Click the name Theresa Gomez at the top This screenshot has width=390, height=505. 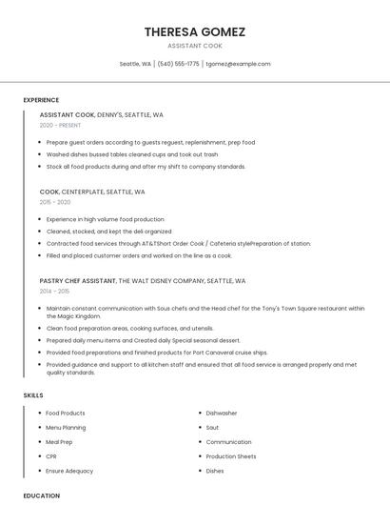(195, 31)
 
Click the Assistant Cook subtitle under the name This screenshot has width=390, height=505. (195, 46)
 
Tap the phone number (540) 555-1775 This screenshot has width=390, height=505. (179, 64)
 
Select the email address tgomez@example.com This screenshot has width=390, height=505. (239, 64)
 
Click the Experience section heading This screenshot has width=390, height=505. (41, 100)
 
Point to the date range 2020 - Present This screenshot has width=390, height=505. (60, 125)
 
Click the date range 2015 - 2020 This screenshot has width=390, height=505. (55, 202)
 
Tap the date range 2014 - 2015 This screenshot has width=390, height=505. (54, 291)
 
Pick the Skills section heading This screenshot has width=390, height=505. (33, 395)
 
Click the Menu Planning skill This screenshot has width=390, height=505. (66, 428)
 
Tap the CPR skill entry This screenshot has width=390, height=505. (51, 456)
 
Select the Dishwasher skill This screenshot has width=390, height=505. (222, 414)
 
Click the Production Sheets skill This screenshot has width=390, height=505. (231, 456)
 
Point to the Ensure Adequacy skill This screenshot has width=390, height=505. (69, 471)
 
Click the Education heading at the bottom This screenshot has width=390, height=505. (41, 495)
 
